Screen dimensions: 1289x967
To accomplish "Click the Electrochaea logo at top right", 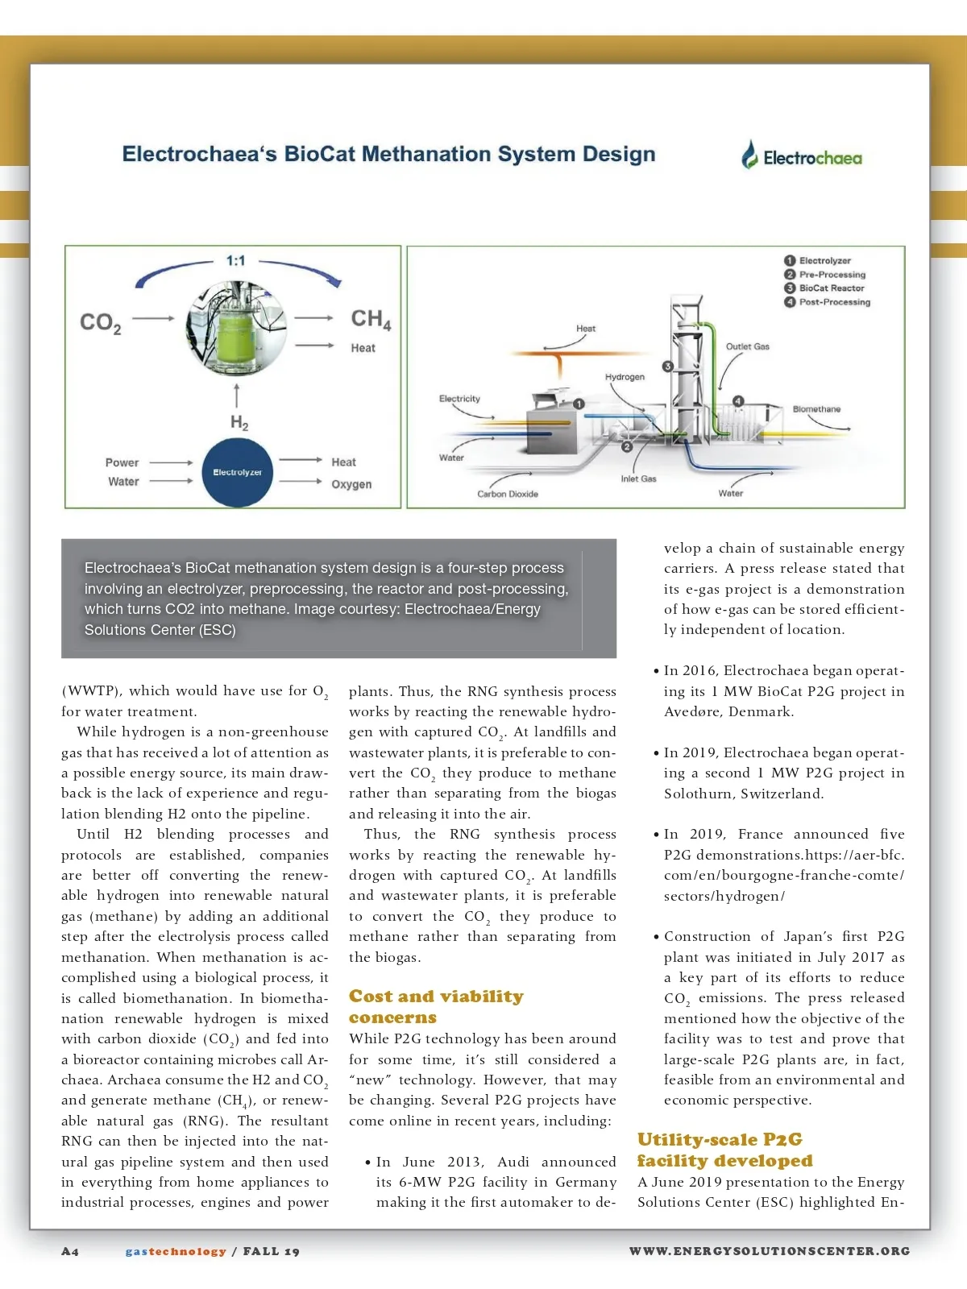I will [x=802, y=156].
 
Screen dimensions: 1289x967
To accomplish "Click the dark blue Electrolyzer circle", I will [x=237, y=473].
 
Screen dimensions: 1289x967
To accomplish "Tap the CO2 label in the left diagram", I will [x=101, y=323].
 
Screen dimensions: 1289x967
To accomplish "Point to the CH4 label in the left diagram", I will [x=371, y=319].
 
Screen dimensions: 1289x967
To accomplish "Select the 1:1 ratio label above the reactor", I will [x=235, y=260].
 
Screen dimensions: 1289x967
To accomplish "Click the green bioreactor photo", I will [x=235, y=326].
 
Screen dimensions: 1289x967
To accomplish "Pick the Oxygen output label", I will [x=351, y=484].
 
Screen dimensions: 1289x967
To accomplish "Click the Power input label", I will [x=122, y=462].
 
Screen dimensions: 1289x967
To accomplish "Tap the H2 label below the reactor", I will [x=239, y=422].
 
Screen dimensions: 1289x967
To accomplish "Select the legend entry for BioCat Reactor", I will [x=831, y=288].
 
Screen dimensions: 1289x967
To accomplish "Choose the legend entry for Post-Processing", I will [x=834, y=302].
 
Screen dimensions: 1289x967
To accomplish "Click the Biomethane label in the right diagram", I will [x=816, y=409].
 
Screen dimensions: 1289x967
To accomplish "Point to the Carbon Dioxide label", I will [x=508, y=494].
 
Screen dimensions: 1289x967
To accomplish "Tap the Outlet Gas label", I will [x=747, y=346].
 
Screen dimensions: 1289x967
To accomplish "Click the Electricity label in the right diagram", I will [x=459, y=399].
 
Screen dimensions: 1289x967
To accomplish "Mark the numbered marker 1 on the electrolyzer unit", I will [x=578, y=404].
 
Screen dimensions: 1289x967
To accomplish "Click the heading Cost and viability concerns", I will [x=436, y=1007].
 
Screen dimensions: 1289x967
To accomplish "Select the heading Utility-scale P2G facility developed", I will [x=724, y=1150].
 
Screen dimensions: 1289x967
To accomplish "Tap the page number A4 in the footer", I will [x=70, y=1251].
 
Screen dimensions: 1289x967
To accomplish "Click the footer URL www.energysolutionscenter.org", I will [x=770, y=1251].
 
